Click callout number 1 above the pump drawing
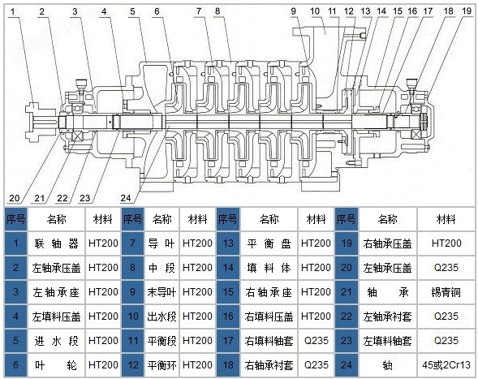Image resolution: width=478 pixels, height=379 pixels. click(x=13, y=12)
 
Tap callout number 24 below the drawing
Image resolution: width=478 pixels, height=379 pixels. click(x=126, y=198)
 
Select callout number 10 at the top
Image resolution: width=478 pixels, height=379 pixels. click(x=315, y=11)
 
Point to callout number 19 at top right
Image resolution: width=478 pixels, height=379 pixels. click(x=467, y=11)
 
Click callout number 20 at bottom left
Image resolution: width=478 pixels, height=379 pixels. click(x=15, y=198)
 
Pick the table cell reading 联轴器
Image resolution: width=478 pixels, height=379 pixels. click(x=56, y=243)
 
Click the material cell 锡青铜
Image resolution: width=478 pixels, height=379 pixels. click(x=446, y=292)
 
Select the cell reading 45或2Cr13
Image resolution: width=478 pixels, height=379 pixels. click(x=446, y=365)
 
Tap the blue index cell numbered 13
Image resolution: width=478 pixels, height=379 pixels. click(x=228, y=243)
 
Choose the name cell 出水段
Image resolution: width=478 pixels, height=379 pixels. click(x=161, y=317)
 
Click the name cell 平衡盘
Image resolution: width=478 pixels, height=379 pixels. click(x=269, y=243)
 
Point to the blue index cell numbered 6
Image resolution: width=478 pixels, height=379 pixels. click(x=16, y=365)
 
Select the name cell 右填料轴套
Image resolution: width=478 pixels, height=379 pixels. click(x=269, y=341)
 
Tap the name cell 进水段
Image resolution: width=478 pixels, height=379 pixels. click(x=56, y=341)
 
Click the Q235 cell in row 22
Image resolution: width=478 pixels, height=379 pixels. click(x=446, y=317)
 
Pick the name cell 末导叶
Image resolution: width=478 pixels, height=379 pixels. click(x=161, y=292)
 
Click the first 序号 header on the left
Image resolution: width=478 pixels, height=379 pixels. click(x=16, y=219)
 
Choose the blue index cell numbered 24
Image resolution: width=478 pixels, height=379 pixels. click(x=347, y=365)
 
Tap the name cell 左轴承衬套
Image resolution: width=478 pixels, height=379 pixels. click(x=387, y=317)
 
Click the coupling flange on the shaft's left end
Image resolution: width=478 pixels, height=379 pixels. click(x=32, y=122)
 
